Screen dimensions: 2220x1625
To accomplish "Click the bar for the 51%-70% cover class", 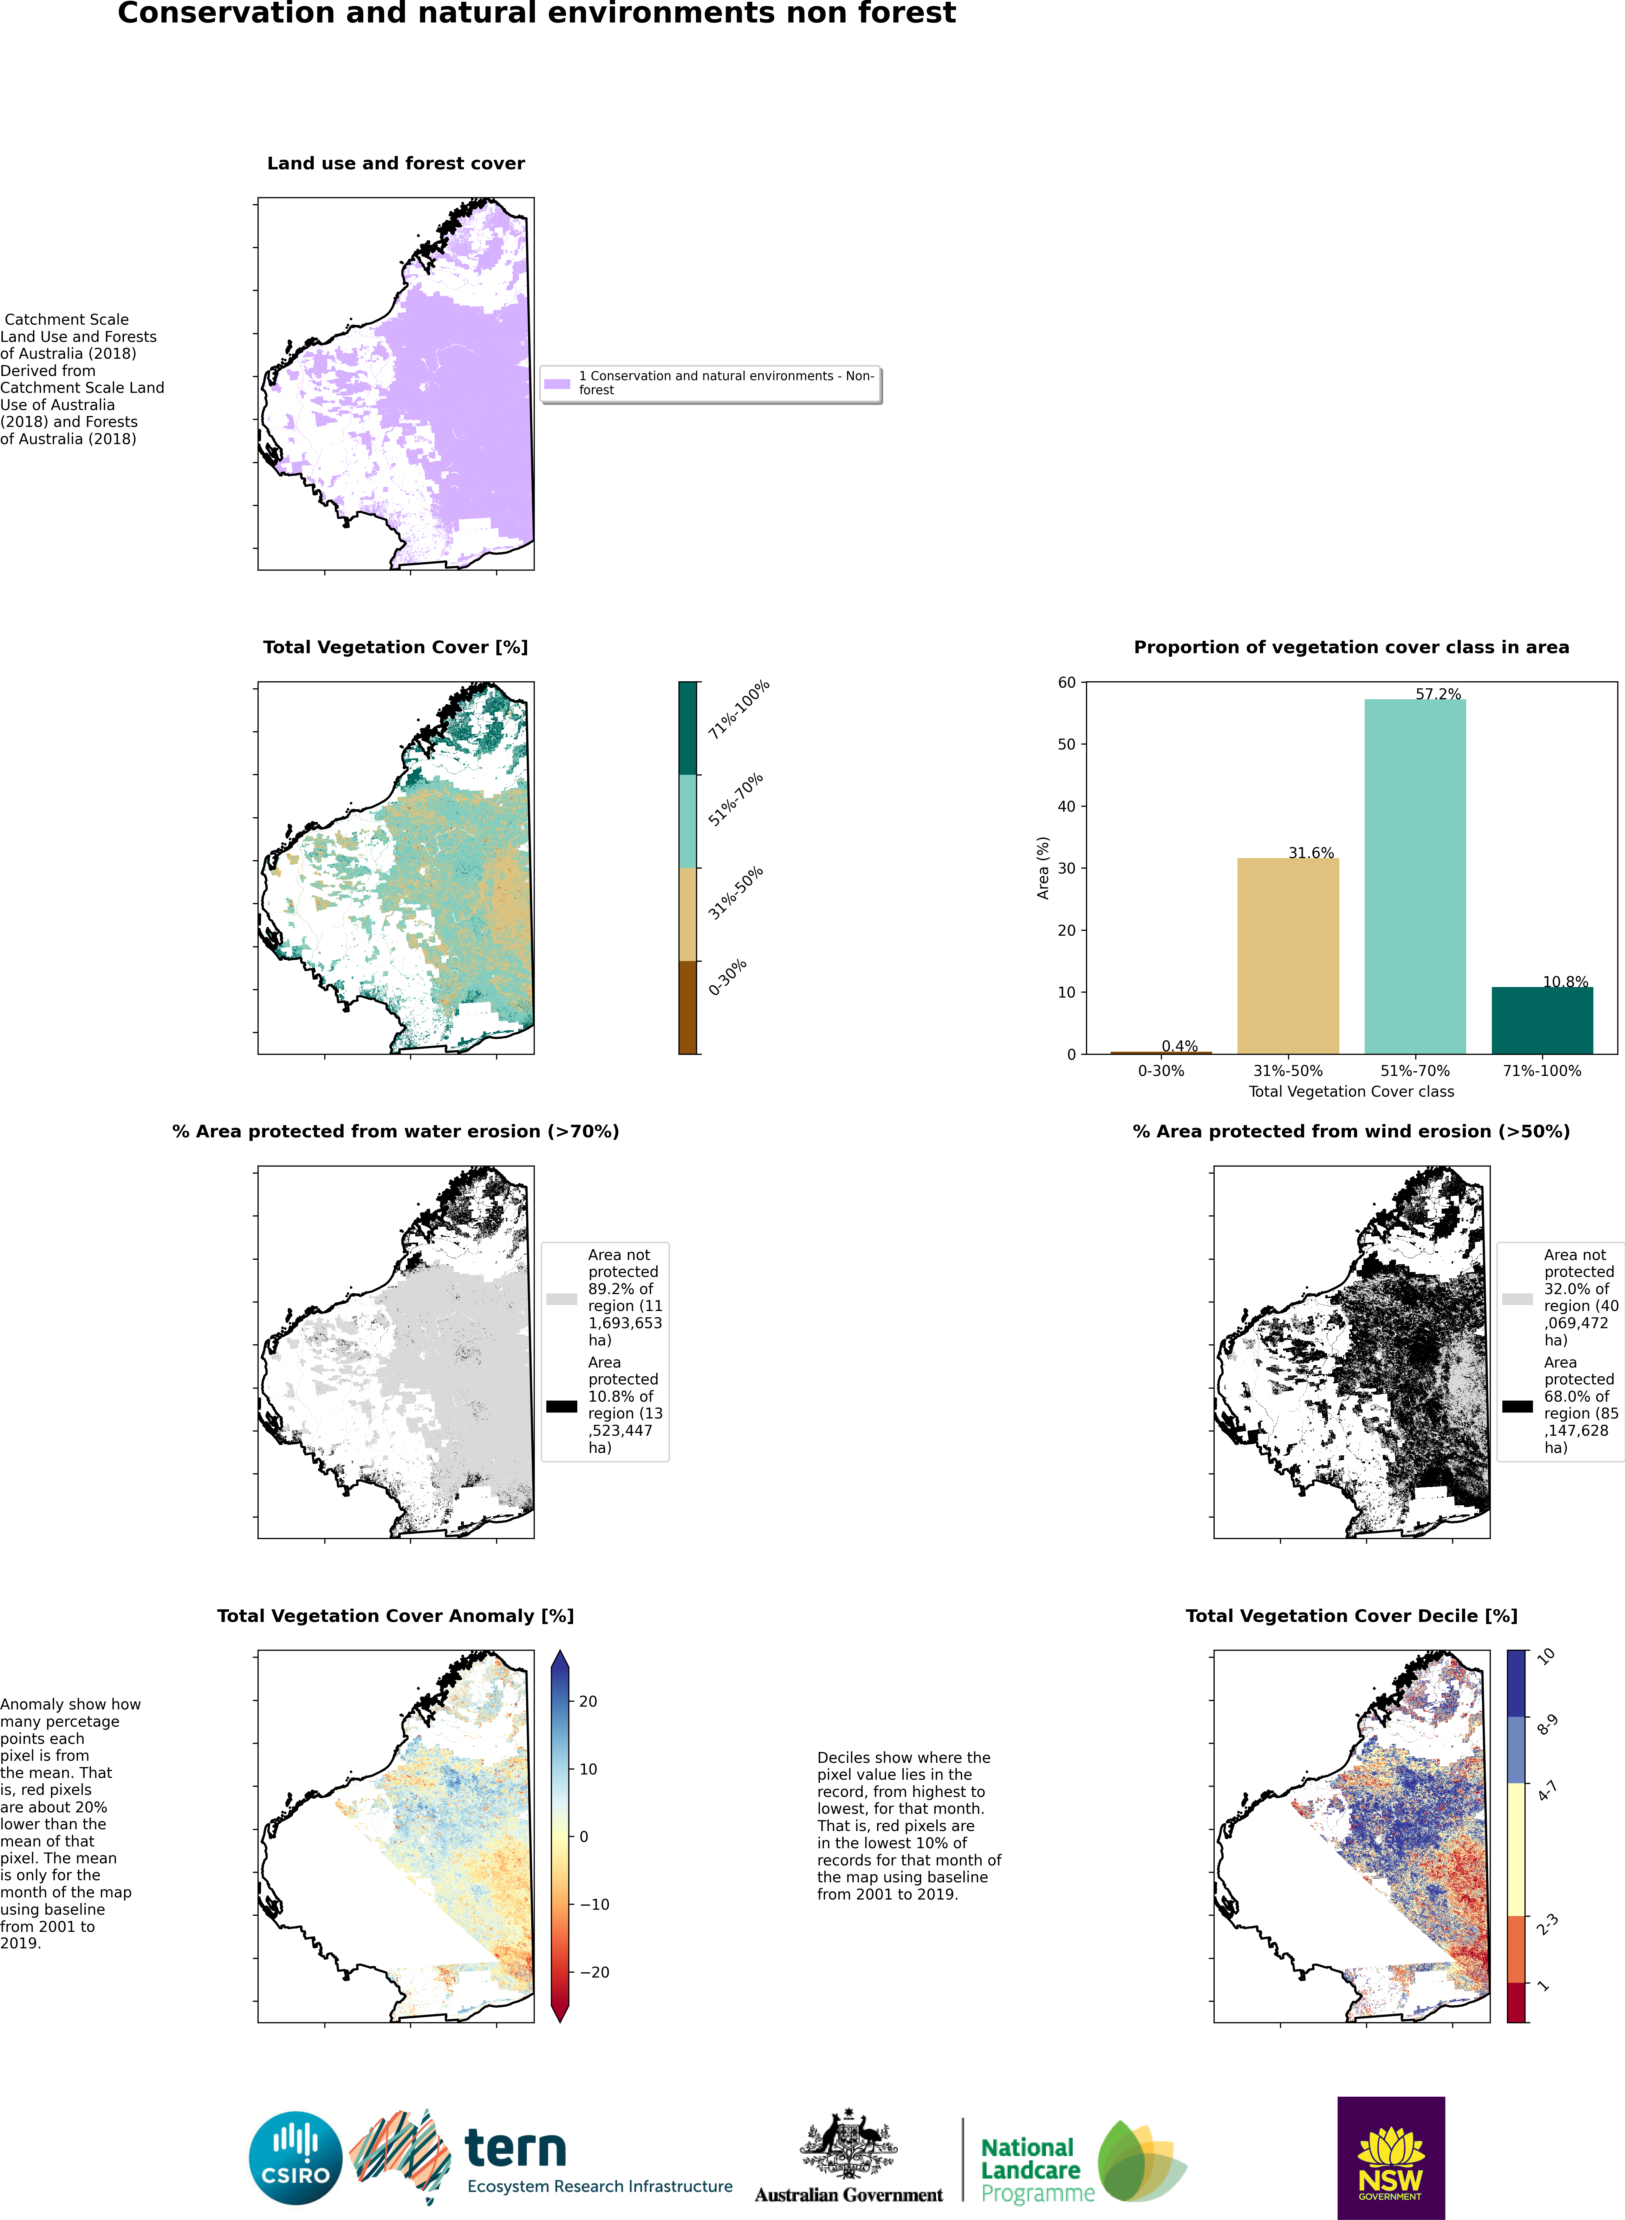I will (x=1415, y=875).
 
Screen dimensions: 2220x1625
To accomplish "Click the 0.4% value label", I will (x=1179, y=1046).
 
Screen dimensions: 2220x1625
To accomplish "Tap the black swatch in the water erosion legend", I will (x=562, y=1406).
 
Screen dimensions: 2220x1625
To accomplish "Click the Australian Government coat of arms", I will (x=848, y=2144).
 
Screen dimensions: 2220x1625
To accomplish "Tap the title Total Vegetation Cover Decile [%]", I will (x=1351, y=1616).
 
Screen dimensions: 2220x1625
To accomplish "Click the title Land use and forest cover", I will (x=395, y=163).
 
